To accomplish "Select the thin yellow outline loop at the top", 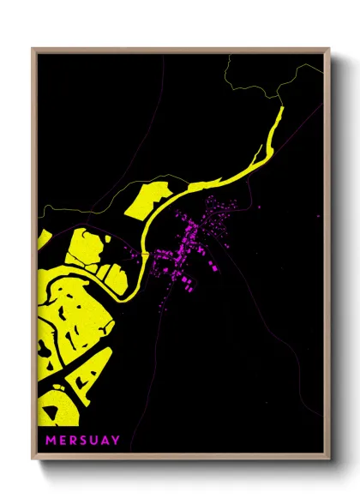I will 257,77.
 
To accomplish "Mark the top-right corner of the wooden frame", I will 328,50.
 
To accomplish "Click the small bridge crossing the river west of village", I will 152,231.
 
